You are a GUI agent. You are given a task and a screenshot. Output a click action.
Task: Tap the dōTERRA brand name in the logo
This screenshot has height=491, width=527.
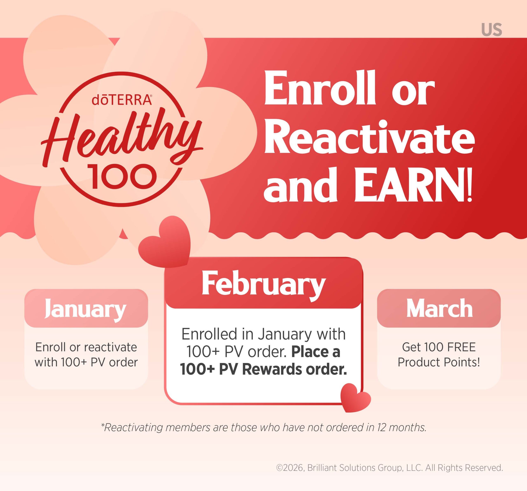(x=122, y=100)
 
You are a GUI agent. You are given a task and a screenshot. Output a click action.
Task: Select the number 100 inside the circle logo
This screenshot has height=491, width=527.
(x=122, y=176)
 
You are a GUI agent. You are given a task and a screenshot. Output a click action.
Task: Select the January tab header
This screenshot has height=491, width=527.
(x=86, y=308)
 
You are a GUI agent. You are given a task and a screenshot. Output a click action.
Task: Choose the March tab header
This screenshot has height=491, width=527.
(x=439, y=308)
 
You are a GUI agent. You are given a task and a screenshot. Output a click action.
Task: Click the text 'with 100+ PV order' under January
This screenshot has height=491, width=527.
(x=86, y=362)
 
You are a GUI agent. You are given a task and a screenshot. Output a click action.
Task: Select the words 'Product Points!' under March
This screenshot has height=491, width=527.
(x=439, y=362)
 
